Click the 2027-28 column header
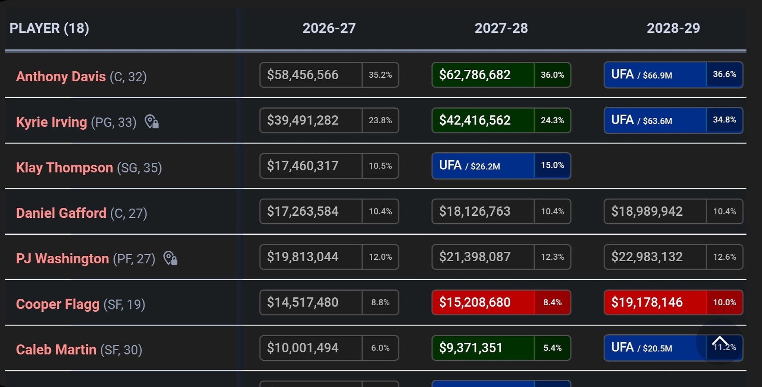click(501, 28)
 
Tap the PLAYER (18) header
click(49, 28)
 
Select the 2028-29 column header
click(673, 28)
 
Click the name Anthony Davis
click(61, 77)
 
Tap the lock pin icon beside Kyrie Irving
click(151, 122)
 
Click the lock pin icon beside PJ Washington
click(170, 258)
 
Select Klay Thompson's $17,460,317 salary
click(302, 166)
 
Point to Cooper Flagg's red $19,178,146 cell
click(647, 303)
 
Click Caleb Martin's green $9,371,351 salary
click(471, 348)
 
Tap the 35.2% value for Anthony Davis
click(380, 75)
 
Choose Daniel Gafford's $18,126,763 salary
click(475, 211)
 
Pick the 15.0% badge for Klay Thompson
click(552, 165)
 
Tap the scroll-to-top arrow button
click(719, 341)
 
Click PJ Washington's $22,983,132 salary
click(647, 257)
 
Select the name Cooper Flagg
click(58, 304)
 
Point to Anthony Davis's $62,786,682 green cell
click(475, 75)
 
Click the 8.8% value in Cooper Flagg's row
click(380, 303)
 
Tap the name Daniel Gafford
click(61, 213)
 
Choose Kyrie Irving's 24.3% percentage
click(552, 120)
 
